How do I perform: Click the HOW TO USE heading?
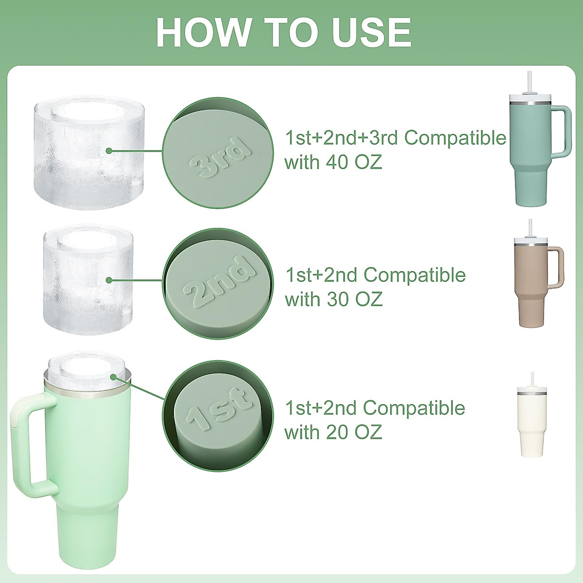click(284, 32)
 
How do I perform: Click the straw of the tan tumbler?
click(529, 227)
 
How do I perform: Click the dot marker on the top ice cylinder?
click(109, 151)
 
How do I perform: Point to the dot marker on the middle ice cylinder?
click(110, 280)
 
